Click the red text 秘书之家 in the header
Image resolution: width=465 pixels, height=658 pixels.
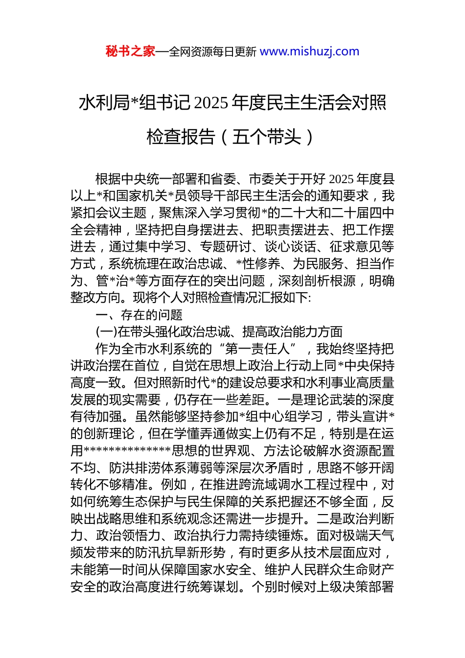[x=130, y=51]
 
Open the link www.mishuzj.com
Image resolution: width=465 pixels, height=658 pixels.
[x=309, y=51]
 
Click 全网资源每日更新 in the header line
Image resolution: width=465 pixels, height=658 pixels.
[x=212, y=52]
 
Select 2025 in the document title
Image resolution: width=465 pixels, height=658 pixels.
[x=211, y=103]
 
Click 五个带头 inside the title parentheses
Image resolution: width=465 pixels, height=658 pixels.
[x=266, y=137]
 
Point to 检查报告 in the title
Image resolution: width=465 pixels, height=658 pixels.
[x=181, y=137]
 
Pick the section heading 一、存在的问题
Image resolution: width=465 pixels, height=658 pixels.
[x=139, y=315]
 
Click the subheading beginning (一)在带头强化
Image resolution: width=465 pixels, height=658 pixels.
[x=219, y=332]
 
